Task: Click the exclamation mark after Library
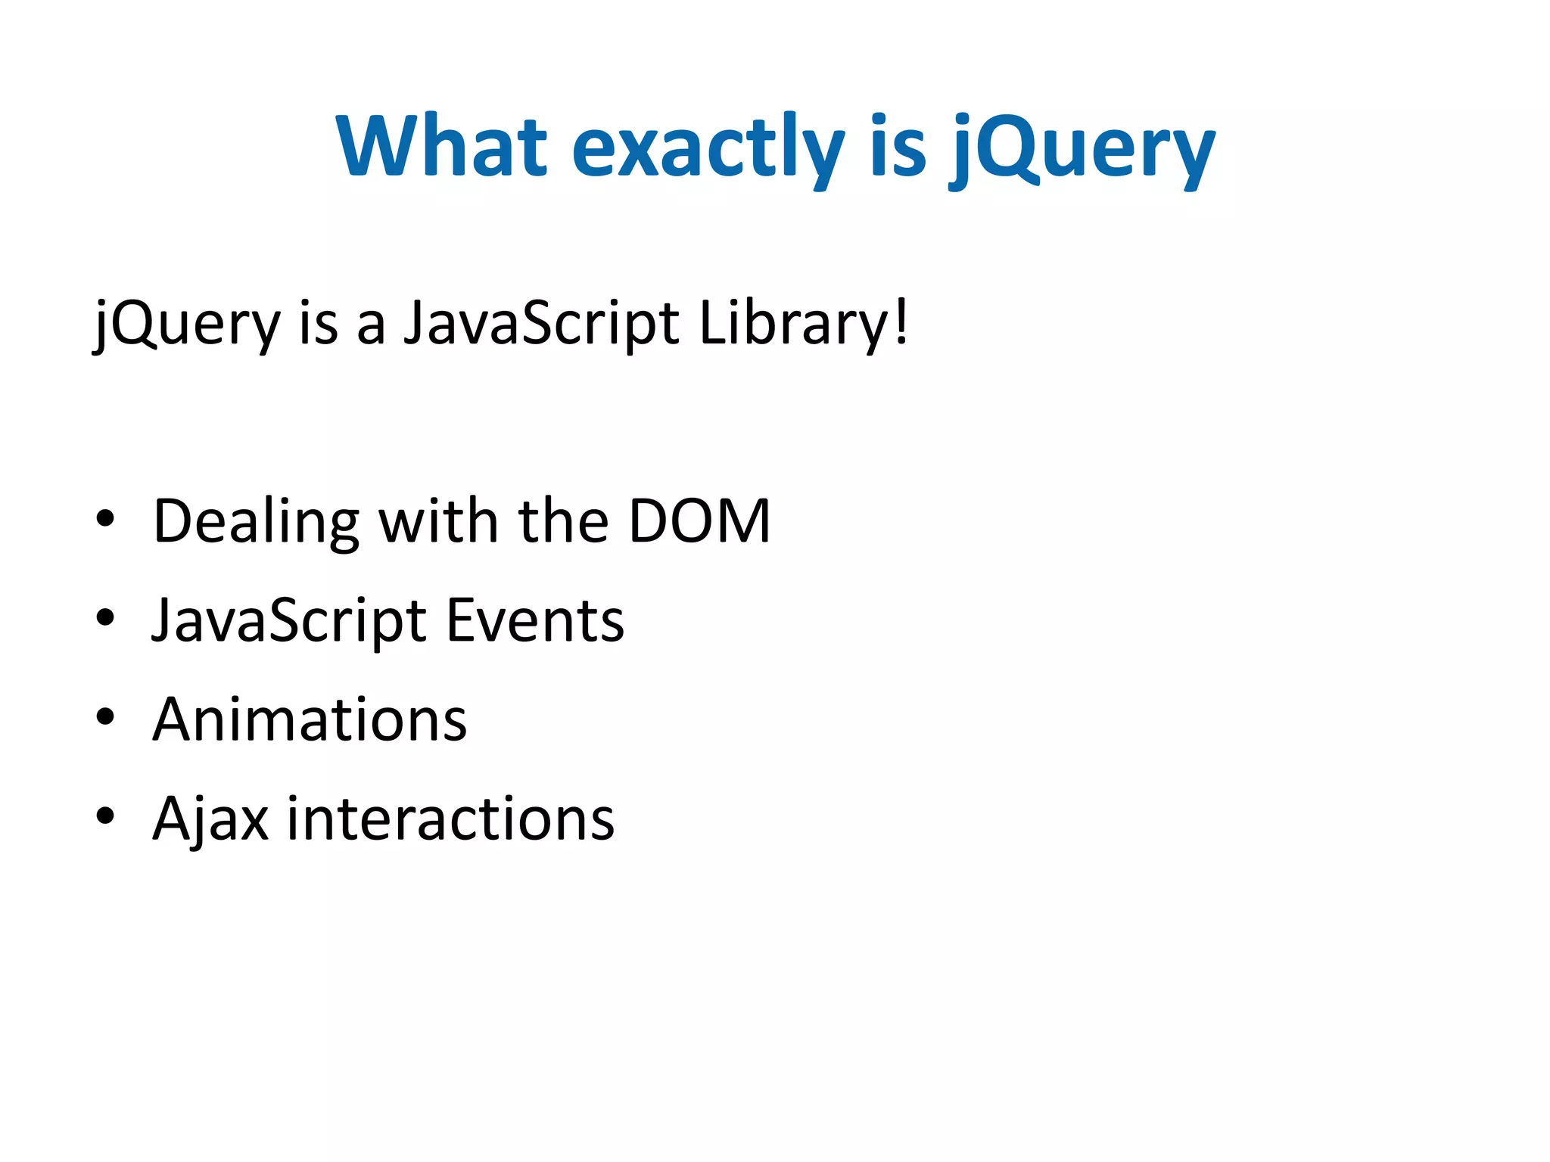(x=901, y=322)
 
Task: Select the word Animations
(x=310, y=719)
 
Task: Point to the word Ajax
(x=210, y=819)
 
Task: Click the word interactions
(x=450, y=819)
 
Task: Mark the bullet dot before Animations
(x=105, y=717)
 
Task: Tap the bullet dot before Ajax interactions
(x=105, y=816)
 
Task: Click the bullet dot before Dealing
(x=105, y=519)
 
